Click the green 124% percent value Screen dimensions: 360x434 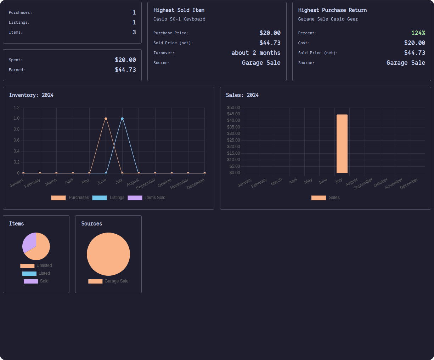(418, 33)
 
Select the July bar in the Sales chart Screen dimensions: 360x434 (342, 144)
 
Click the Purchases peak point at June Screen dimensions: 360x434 (106, 119)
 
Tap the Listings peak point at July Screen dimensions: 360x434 (122, 119)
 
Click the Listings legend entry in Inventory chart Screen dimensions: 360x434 (108, 198)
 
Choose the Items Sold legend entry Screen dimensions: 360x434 (147, 198)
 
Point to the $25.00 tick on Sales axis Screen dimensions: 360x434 (233, 140)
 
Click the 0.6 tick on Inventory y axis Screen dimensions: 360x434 (17, 140)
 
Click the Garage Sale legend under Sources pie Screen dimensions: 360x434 (108, 281)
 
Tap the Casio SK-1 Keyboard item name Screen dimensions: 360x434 (179, 19)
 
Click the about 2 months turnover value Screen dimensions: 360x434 (256, 53)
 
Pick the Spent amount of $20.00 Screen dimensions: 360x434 (125, 60)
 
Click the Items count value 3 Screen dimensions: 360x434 (134, 32)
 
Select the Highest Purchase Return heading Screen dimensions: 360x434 (332, 10)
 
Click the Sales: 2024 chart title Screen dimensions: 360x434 (242, 95)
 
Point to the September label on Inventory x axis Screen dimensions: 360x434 (146, 184)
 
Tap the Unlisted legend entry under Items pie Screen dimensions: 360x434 (36, 265)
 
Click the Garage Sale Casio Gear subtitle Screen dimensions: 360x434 (328, 19)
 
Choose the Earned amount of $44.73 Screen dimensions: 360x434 (125, 70)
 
